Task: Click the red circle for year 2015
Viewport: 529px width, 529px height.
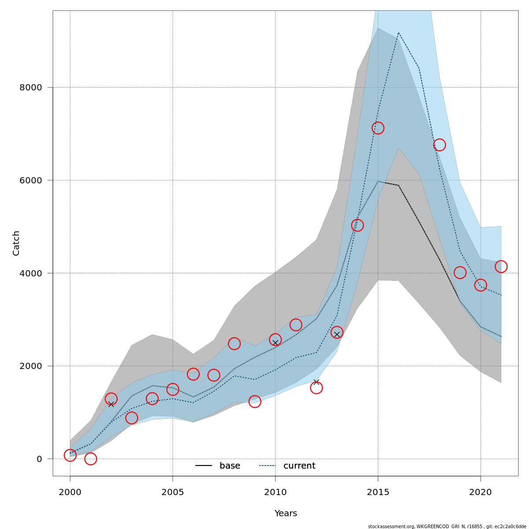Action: tap(378, 128)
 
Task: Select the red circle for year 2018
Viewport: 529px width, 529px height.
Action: tap(439, 145)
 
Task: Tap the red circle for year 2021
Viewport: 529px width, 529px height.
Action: tap(501, 266)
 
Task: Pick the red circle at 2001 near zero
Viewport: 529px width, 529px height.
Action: tap(90, 459)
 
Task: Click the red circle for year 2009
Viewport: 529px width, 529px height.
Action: tap(254, 402)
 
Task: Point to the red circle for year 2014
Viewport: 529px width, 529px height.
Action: tap(357, 225)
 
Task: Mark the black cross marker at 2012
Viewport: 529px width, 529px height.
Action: tap(316, 382)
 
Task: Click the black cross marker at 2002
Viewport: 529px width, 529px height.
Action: tap(111, 404)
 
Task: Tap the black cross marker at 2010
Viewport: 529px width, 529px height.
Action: tap(275, 343)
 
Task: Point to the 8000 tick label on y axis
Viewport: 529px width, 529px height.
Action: tap(30, 87)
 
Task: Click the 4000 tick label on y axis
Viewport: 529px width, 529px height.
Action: tap(30, 273)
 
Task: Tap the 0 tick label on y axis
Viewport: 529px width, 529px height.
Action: tap(39, 459)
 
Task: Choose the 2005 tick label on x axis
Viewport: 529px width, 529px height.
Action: tap(172, 492)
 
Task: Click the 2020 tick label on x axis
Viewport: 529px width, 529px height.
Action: tap(480, 492)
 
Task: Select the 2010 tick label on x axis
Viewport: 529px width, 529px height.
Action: tap(275, 492)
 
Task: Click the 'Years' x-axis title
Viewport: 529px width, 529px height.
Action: tap(286, 514)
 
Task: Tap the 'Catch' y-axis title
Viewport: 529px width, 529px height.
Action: tap(16, 243)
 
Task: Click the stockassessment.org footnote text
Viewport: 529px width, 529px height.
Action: tap(447, 526)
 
